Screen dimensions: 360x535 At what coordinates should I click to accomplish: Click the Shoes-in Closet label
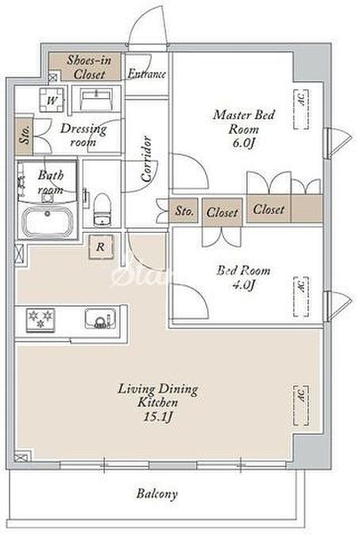(89, 67)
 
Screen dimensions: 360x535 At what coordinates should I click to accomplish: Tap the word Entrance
(147, 74)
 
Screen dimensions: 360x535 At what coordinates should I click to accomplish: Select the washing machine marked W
(51, 100)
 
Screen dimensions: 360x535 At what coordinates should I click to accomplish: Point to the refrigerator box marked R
(100, 247)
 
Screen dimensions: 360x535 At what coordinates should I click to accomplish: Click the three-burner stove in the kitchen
(40, 319)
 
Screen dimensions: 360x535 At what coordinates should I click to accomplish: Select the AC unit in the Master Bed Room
(301, 109)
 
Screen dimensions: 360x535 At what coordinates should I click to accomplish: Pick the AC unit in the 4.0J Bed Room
(301, 296)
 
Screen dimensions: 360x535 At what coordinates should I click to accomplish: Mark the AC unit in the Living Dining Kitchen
(301, 405)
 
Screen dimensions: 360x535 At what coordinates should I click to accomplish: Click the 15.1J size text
(158, 417)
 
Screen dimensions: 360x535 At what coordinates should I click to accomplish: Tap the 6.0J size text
(244, 143)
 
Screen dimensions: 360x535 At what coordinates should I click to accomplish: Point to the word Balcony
(157, 494)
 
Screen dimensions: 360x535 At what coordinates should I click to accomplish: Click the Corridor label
(147, 159)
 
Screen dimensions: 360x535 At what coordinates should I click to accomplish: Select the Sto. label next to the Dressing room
(24, 135)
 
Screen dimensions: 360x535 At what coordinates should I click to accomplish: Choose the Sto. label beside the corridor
(184, 211)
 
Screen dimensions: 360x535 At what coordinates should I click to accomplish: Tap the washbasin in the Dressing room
(96, 99)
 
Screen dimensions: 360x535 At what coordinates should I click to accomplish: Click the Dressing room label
(84, 135)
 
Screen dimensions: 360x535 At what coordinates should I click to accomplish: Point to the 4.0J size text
(244, 284)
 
